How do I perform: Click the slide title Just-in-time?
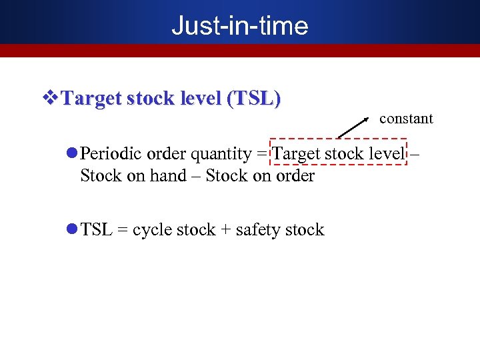[239, 25]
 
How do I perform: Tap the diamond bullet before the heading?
[51, 99]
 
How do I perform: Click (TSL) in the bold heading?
[253, 99]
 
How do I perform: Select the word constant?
[406, 119]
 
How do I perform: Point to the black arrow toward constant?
[353, 129]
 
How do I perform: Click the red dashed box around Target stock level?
[338, 142]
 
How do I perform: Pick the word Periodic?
[109, 154]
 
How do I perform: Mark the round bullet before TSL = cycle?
[73, 230]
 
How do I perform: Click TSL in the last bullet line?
[96, 230]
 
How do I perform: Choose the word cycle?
[150, 231]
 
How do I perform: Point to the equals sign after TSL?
[122, 231]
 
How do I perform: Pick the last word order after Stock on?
[294, 176]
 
